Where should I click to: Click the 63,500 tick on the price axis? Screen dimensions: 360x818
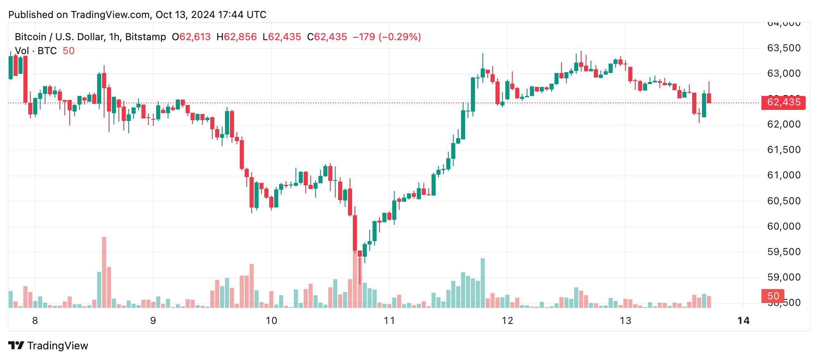point(783,48)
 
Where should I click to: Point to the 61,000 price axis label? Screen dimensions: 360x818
point(783,175)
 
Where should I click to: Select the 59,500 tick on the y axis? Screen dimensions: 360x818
point(783,252)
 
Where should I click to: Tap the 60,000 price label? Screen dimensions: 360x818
point(783,227)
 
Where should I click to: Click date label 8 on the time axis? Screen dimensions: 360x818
point(35,321)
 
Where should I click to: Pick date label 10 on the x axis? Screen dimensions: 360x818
point(271,321)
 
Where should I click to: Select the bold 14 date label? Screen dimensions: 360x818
point(743,321)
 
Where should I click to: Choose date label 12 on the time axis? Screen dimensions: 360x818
point(507,321)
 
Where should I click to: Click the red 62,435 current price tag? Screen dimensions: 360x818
point(783,103)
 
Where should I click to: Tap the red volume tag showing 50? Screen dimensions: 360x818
point(773,296)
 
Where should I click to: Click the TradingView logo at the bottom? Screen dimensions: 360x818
point(48,346)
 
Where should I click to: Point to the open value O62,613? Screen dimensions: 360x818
point(191,37)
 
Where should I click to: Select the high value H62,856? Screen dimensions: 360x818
point(237,37)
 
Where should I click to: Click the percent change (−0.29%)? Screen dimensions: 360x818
point(400,37)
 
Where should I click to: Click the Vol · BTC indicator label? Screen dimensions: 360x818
point(36,51)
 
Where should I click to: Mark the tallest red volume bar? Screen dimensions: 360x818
point(104,272)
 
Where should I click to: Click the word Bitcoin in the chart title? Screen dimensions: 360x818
point(30,37)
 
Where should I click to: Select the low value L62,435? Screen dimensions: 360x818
point(282,37)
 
